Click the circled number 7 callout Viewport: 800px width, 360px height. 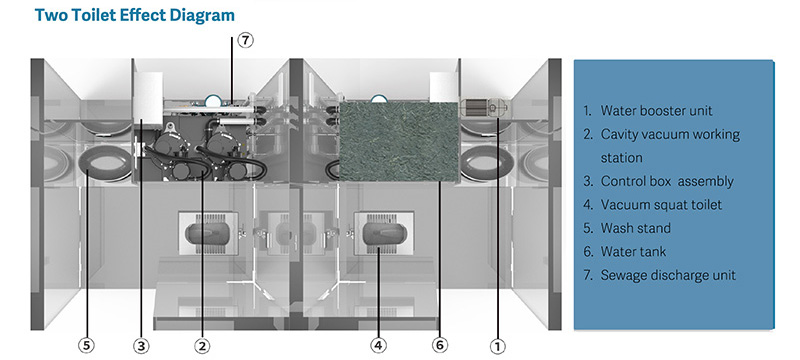[245, 40]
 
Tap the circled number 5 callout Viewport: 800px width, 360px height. [87, 346]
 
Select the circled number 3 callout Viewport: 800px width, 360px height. [141, 346]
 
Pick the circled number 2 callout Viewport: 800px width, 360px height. [202, 346]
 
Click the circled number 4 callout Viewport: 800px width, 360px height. [378, 346]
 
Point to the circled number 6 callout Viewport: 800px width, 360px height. [440, 346]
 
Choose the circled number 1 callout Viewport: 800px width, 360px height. [497, 347]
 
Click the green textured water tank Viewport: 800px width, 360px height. [398, 141]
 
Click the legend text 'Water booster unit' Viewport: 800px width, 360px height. [656, 111]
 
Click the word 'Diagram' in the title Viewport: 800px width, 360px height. [202, 15]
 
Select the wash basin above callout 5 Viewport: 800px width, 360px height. [106, 163]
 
